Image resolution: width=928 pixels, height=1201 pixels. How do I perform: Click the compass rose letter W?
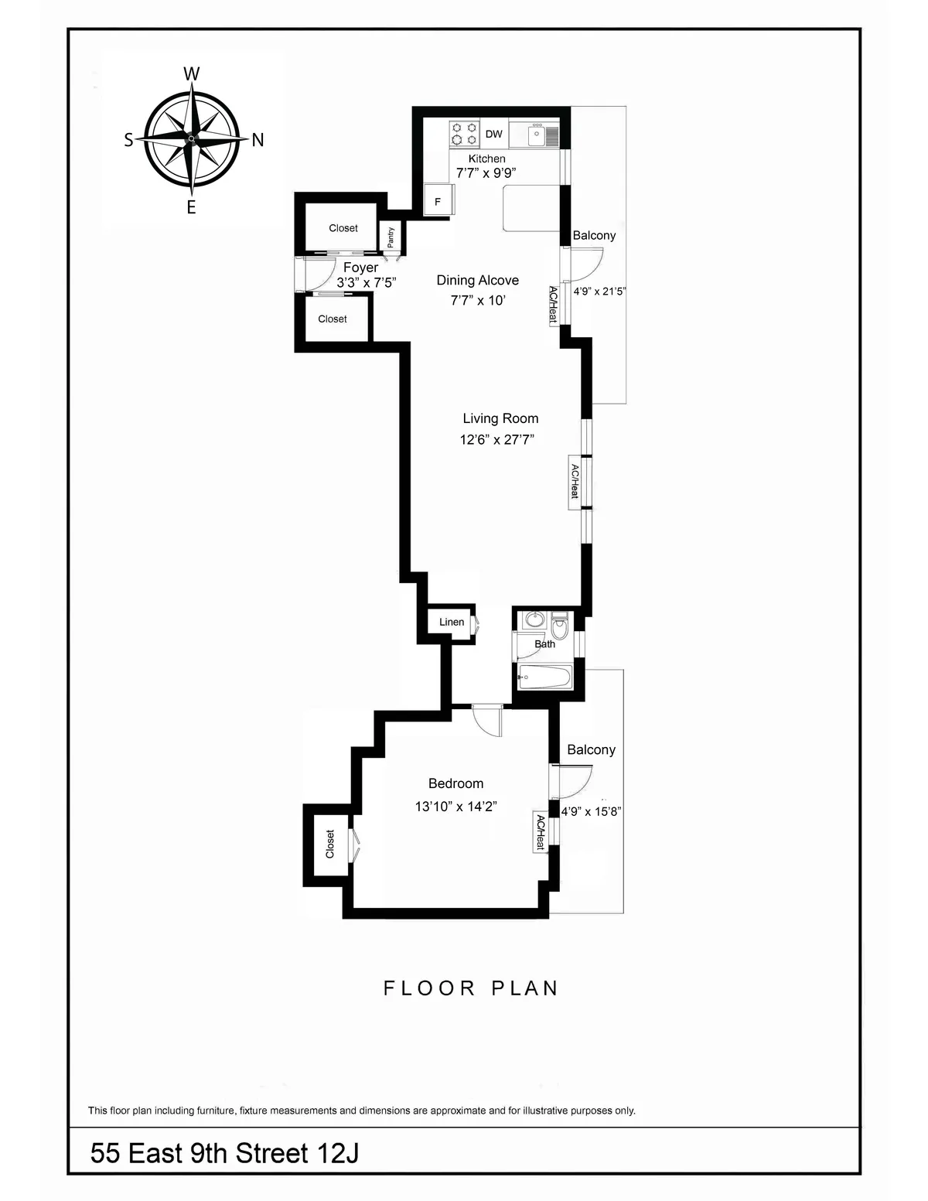click(191, 74)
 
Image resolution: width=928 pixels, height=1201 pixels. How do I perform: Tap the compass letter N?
click(258, 140)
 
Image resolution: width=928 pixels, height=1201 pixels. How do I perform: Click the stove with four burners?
click(464, 134)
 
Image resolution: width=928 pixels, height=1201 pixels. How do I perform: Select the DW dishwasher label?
click(493, 134)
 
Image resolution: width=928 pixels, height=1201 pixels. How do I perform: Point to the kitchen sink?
click(537, 135)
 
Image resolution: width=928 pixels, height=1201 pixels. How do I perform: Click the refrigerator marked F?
click(438, 202)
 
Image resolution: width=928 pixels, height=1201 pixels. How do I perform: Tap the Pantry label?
click(391, 236)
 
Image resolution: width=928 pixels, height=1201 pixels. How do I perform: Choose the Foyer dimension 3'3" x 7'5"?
click(366, 283)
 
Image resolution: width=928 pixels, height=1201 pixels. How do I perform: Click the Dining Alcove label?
click(477, 280)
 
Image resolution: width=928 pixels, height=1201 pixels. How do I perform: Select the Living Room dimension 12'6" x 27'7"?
click(497, 440)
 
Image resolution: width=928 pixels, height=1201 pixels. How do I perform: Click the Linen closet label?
click(452, 622)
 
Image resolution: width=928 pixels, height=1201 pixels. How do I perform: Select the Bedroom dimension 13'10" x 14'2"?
click(455, 807)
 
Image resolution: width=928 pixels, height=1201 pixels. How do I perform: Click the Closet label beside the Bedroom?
click(330, 844)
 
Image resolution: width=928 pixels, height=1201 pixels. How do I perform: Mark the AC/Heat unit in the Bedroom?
click(541, 833)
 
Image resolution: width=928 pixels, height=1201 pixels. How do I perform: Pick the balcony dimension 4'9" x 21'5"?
click(599, 292)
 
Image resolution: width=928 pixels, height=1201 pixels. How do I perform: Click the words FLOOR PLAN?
click(471, 988)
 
